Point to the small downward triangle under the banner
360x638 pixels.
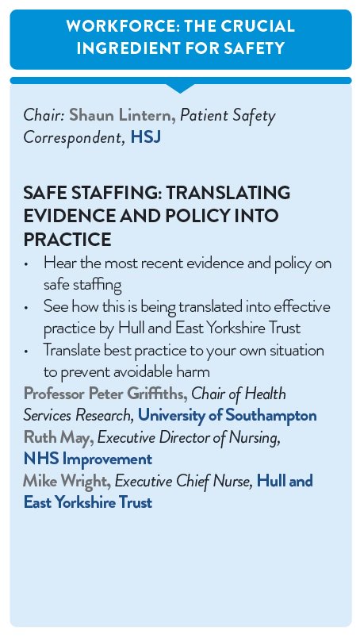181,87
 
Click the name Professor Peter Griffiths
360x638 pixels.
101,394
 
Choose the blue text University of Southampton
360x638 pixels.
228,416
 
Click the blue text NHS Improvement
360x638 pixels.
87,459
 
